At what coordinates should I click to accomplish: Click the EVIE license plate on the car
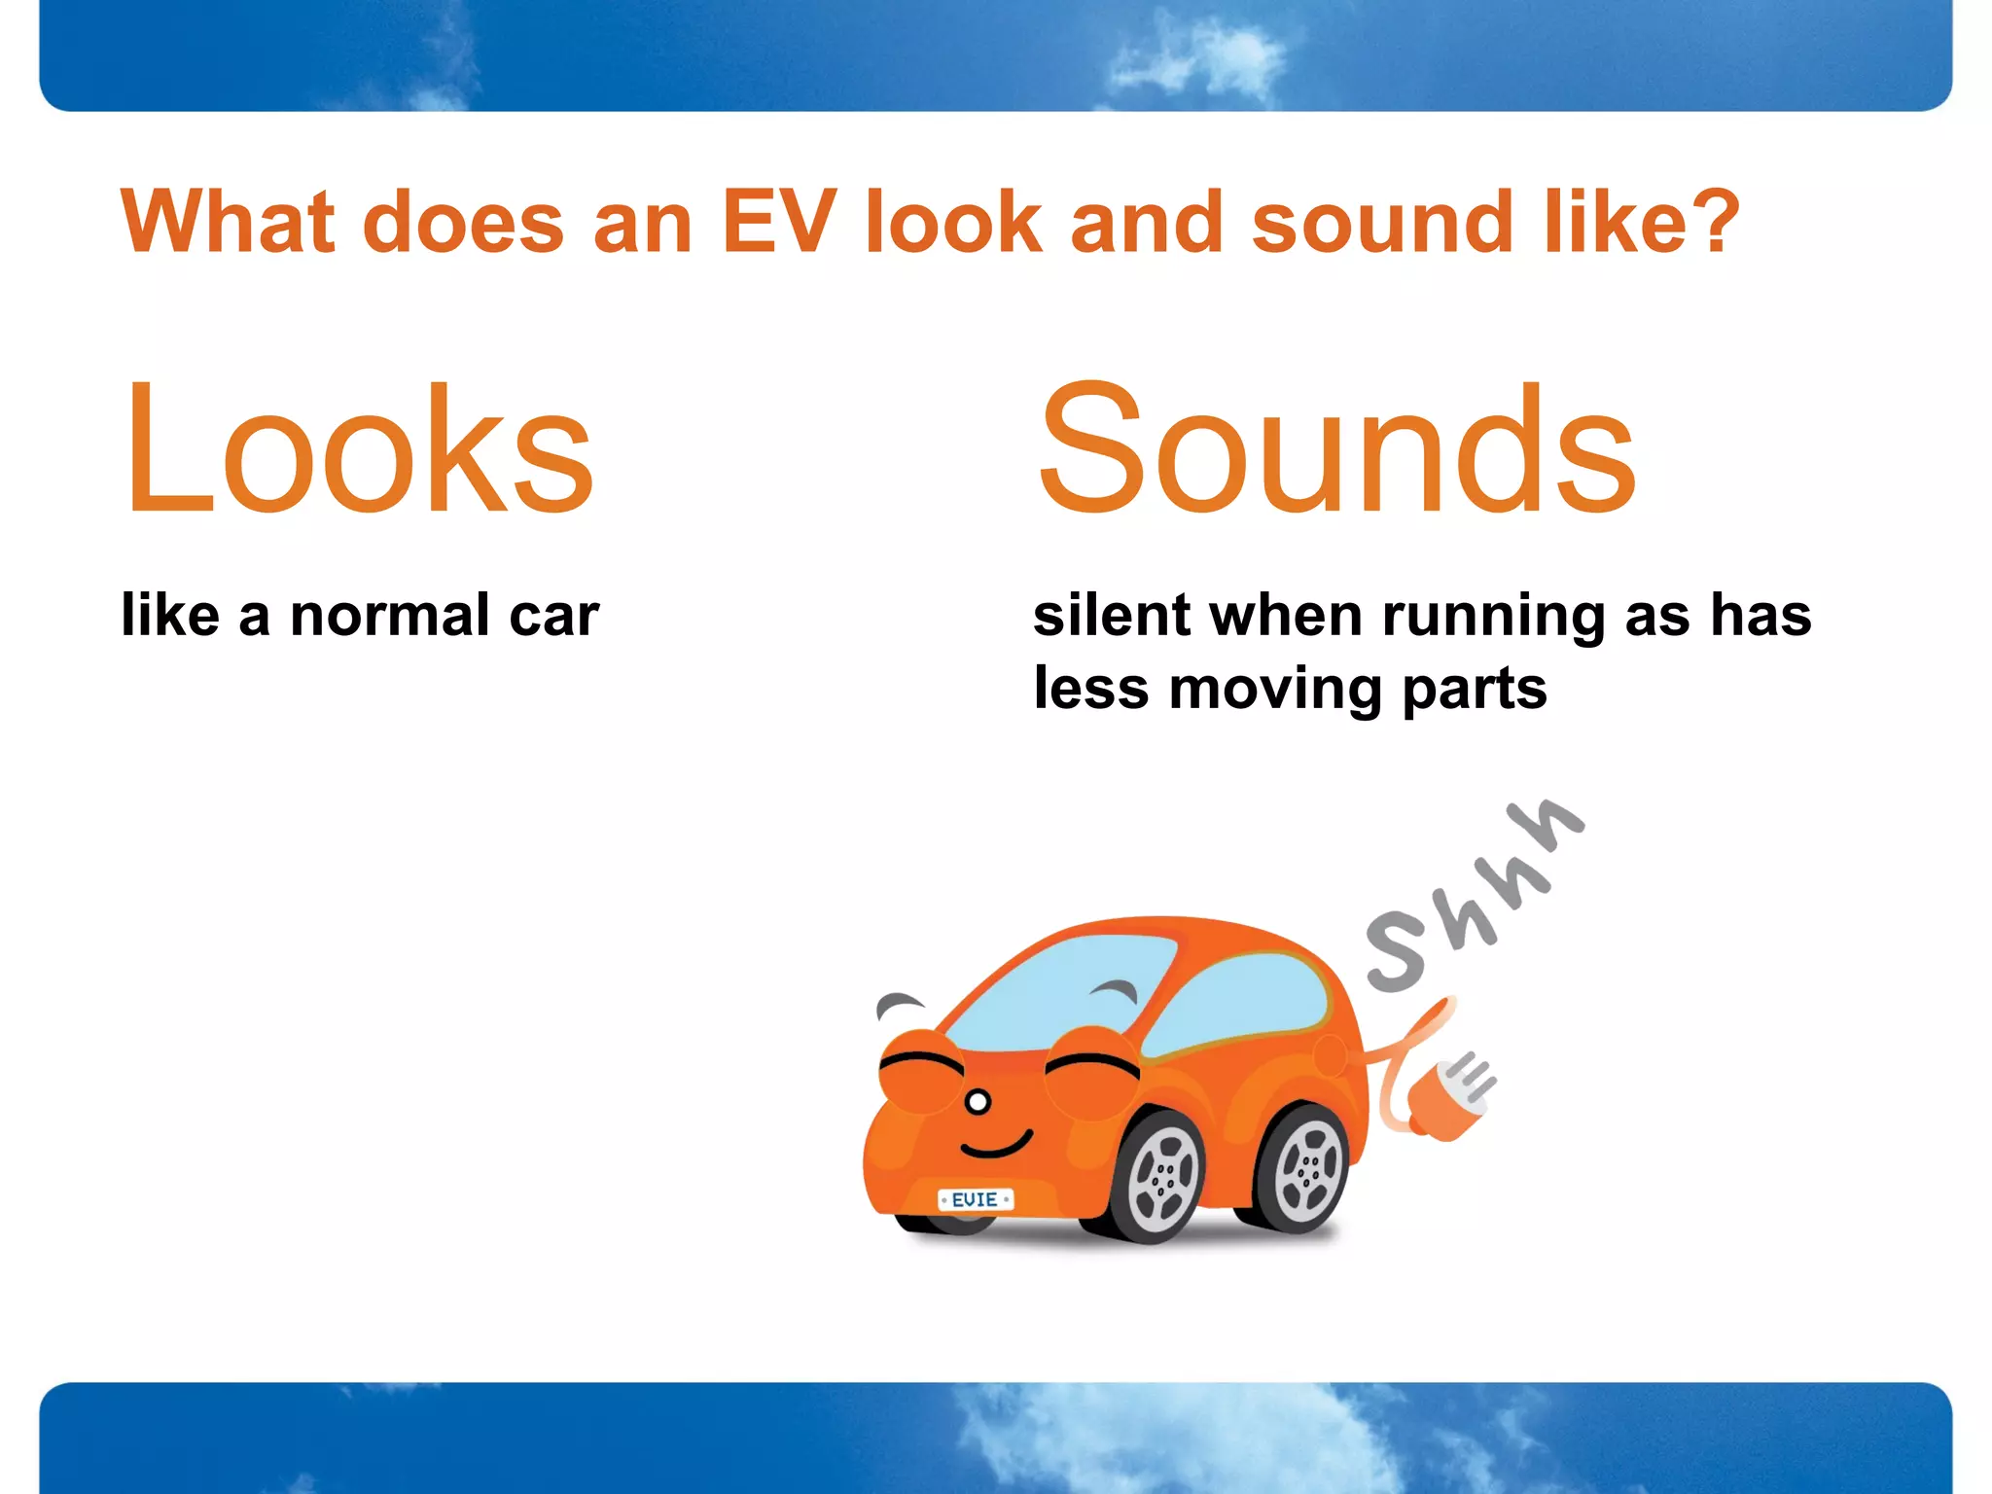(x=975, y=1199)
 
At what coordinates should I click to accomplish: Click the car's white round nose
(x=978, y=1102)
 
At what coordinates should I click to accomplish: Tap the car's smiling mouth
(x=997, y=1145)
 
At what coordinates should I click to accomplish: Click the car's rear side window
(x=1240, y=1002)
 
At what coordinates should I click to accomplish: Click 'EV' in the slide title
(x=778, y=222)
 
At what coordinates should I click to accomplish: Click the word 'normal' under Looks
(x=389, y=616)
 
